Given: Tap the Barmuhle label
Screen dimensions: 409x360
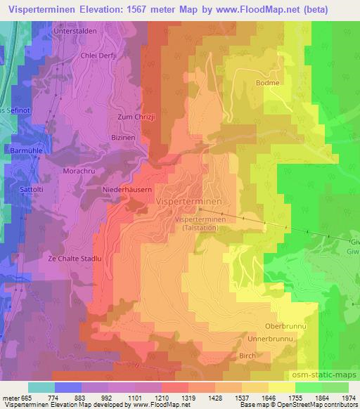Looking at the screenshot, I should (27, 150).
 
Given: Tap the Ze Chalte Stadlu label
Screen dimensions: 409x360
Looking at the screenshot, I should (75, 259).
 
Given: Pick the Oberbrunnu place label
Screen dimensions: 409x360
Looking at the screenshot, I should (284, 327).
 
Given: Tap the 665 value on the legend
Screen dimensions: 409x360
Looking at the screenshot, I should (27, 398).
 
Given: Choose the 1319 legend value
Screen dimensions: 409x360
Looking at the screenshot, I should (187, 398).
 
